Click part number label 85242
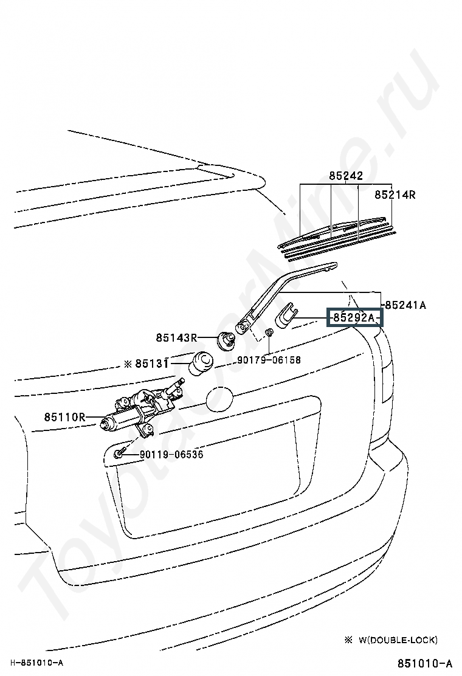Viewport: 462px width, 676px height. pos(346,176)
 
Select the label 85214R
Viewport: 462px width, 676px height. pos(395,195)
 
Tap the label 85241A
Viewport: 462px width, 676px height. pos(405,305)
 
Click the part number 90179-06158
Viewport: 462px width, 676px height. pos(269,360)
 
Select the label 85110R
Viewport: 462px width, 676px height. pos(64,417)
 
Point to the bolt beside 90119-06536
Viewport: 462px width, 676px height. pos(119,454)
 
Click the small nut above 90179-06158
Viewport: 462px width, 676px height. pos(269,333)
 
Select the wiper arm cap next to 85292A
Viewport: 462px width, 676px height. pos(286,317)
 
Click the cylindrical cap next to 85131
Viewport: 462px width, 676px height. pos(202,364)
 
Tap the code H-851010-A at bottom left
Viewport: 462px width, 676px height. pos(37,662)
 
